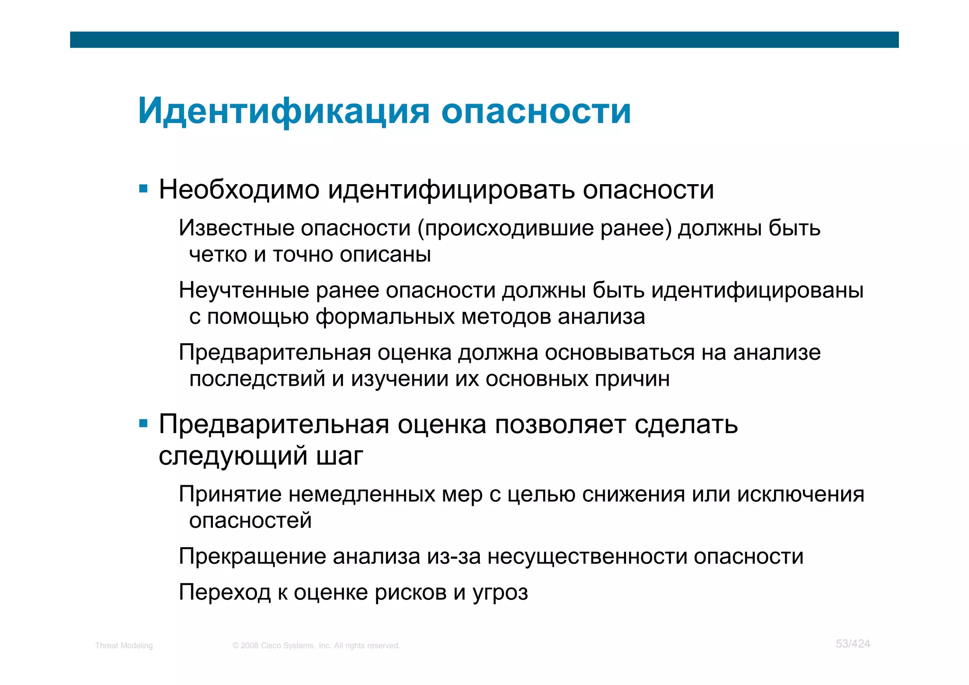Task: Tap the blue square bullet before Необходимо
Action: pos(143,189)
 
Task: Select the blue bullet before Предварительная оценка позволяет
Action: pos(143,423)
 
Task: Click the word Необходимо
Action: pos(239,189)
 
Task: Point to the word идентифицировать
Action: pos(451,190)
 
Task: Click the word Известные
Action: pos(237,228)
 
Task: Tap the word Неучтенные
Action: pos(244,290)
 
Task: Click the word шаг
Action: pos(339,456)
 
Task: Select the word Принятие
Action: pos(230,494)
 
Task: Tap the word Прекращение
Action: pos(252,556)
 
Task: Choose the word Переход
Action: pos(225,593)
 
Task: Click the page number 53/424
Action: pos(853,644)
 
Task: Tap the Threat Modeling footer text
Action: pos(124,646)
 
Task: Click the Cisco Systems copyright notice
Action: pos(316,646)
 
